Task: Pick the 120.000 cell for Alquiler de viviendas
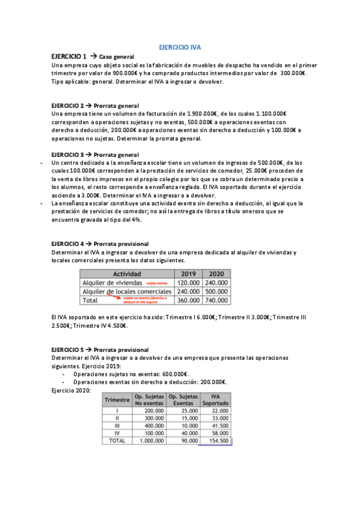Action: click(188, 282)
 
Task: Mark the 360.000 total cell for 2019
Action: click(188, 300)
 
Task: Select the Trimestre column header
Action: click(117, 400)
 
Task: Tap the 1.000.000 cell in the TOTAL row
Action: click(150, 441)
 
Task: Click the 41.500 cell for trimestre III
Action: click(219, 425)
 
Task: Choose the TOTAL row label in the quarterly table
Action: click(117, 441)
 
